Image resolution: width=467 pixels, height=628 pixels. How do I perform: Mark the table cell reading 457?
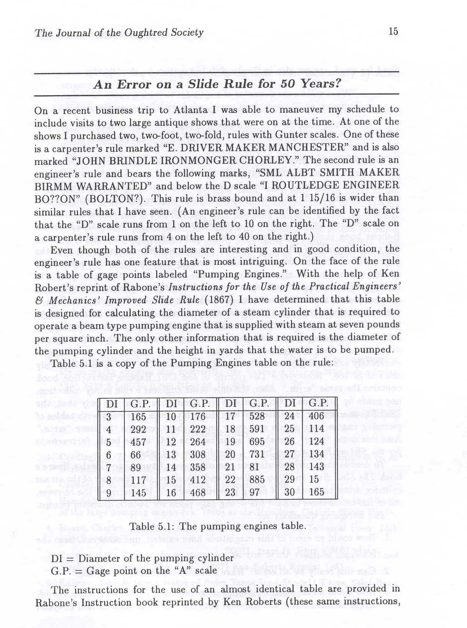(x=138, y=442)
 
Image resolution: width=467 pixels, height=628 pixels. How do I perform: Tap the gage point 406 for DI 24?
(x=316, y=416)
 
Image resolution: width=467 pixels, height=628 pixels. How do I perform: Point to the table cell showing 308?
(x=198, y=454)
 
